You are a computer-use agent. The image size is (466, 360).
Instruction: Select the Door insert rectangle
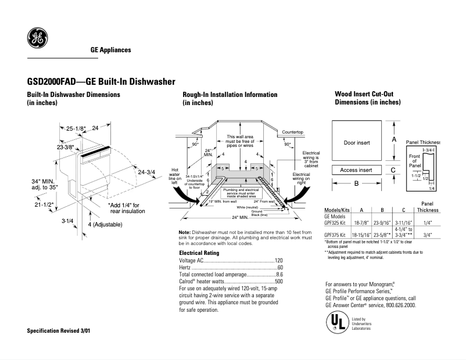(356, 142)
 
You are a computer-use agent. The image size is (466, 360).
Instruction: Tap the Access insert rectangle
(356, 170)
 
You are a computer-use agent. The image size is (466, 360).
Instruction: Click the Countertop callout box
(293, 132)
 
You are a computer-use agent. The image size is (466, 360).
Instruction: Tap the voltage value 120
(278, 261)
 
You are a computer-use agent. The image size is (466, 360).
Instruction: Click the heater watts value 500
(278, 281)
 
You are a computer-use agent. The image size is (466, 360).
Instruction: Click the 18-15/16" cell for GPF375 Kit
(362, 235)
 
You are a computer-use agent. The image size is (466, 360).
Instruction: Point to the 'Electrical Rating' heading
(199, 253)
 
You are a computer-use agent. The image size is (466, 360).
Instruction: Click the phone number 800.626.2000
(399, 305)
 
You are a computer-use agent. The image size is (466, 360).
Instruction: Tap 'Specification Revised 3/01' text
(59, 330)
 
